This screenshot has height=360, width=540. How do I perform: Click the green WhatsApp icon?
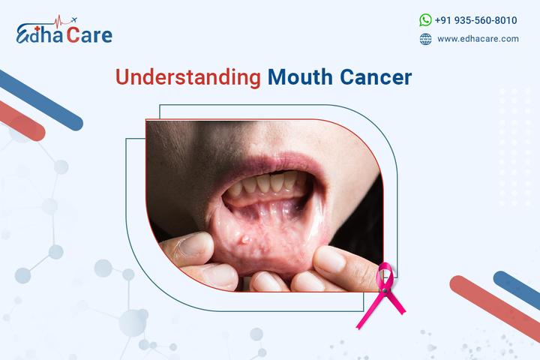coord(426,20)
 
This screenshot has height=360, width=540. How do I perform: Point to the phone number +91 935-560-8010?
coord(476,20)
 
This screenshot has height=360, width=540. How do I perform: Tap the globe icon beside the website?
coord(426,39)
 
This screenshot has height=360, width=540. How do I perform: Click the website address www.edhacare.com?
coord(478,39)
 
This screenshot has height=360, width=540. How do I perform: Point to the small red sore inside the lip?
coord(247,240)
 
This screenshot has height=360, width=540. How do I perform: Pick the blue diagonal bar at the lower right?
coord(517,289)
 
